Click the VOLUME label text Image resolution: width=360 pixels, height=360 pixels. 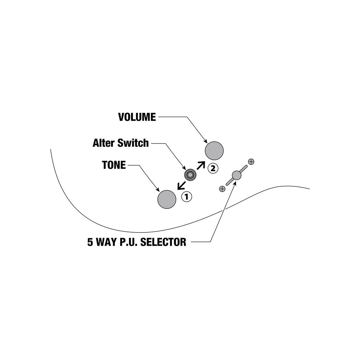pos(137,117)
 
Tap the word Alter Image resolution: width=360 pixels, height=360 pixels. pos(103,143)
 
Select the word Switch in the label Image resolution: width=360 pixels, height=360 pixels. pos(133,143)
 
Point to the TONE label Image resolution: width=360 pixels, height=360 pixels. pos(114,165)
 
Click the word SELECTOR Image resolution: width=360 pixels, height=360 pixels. pos(163,242)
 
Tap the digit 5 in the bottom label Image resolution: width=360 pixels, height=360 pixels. pos(90,242)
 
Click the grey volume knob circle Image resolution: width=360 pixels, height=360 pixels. pos(214,151)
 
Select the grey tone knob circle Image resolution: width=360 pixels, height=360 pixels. pos(167,199)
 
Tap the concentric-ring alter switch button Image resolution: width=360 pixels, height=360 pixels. pos(190,175)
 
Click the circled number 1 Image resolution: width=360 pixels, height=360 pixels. pos(187,196)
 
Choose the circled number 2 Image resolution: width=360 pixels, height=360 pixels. pos(213,169)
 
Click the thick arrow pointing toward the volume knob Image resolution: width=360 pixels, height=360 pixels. pos(201,165)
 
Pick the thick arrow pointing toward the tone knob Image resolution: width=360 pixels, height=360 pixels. pos(181,185)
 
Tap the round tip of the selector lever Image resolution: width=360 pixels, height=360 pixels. pos(236,175)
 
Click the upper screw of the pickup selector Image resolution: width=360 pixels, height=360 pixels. pos(251,162)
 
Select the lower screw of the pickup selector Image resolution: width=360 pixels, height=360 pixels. pos(222,189)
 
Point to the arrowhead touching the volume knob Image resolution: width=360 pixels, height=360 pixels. pos(206,142)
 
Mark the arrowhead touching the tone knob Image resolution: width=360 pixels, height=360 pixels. pos(158,190)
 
